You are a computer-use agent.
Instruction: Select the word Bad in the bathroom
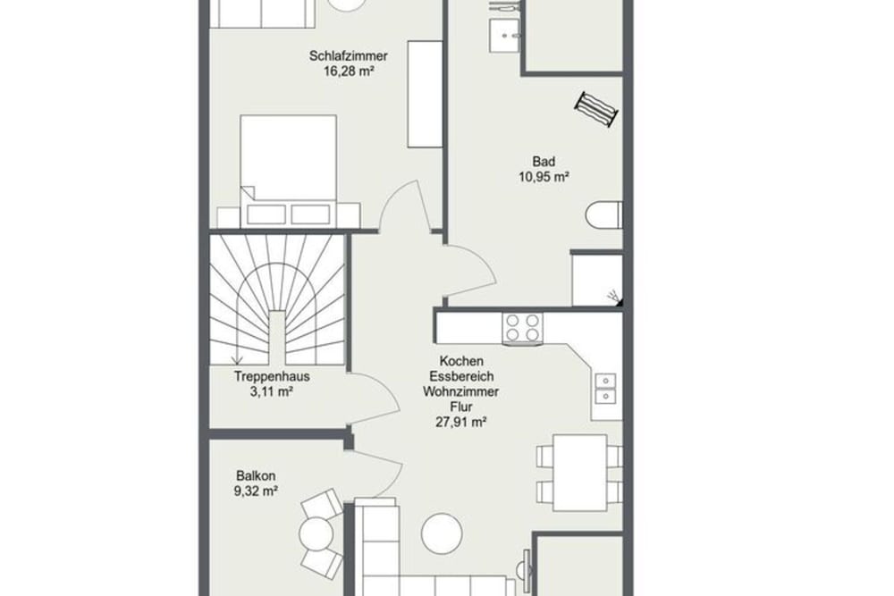point(544,163)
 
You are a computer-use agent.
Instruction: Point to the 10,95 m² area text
point(544,177)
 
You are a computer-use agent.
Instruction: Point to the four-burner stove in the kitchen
point(522,328)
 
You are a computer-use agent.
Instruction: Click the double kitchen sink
point(606,385)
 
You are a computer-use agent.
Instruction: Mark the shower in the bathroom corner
point(597,280)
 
